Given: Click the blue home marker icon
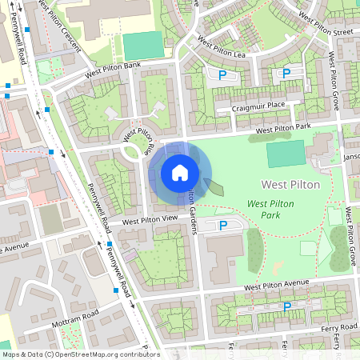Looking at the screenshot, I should point(180,172).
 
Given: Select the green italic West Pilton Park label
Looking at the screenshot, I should point(270,210).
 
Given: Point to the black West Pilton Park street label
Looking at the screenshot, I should point(282,128).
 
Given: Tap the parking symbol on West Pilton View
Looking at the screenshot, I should point(222,226).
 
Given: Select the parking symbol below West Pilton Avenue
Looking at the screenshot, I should point(285,306).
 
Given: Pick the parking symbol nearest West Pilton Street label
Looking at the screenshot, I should point(286,74).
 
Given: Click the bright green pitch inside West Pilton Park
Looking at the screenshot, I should point(286,154).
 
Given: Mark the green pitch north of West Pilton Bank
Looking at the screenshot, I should point(143,46).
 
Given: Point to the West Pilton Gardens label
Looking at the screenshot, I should point(193,213).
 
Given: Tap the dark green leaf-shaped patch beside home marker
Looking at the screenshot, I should point(214,187).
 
